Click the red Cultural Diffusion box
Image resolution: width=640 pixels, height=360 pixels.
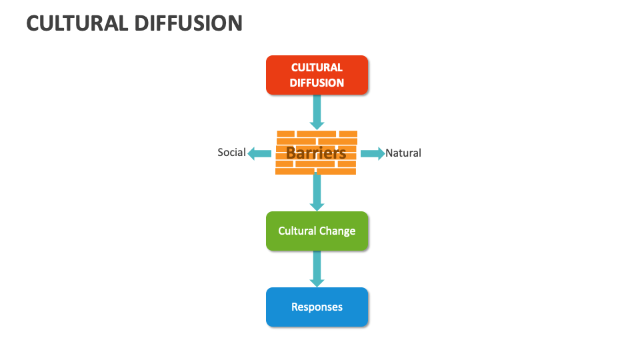(317, 75)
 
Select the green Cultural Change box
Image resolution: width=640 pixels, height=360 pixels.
(317, 231)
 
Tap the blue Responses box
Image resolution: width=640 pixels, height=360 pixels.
(317, 307)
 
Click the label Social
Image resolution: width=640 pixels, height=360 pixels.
(231, 153)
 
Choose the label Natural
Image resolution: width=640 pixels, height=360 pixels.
(403, 153)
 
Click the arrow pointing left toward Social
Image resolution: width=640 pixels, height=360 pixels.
(259, 153)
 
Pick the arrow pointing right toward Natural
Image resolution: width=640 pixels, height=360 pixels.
(373, 153)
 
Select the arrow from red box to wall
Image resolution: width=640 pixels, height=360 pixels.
(317, 111)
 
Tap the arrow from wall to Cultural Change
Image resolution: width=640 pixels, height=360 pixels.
(317, 193)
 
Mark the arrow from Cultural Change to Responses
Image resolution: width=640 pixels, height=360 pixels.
(317, 269)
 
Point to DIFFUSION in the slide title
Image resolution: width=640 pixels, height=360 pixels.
(188, 23)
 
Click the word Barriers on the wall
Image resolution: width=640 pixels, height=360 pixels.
(316, 153)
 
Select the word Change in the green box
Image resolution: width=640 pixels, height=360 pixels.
(337, 231)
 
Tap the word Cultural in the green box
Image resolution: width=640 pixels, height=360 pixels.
(297, 231)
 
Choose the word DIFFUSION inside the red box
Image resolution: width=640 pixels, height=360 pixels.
(317, 83)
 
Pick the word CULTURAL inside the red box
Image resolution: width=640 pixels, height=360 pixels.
(317, 67)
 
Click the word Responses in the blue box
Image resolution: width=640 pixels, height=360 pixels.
(317, 307)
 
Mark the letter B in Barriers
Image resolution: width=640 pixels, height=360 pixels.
(291, 153)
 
